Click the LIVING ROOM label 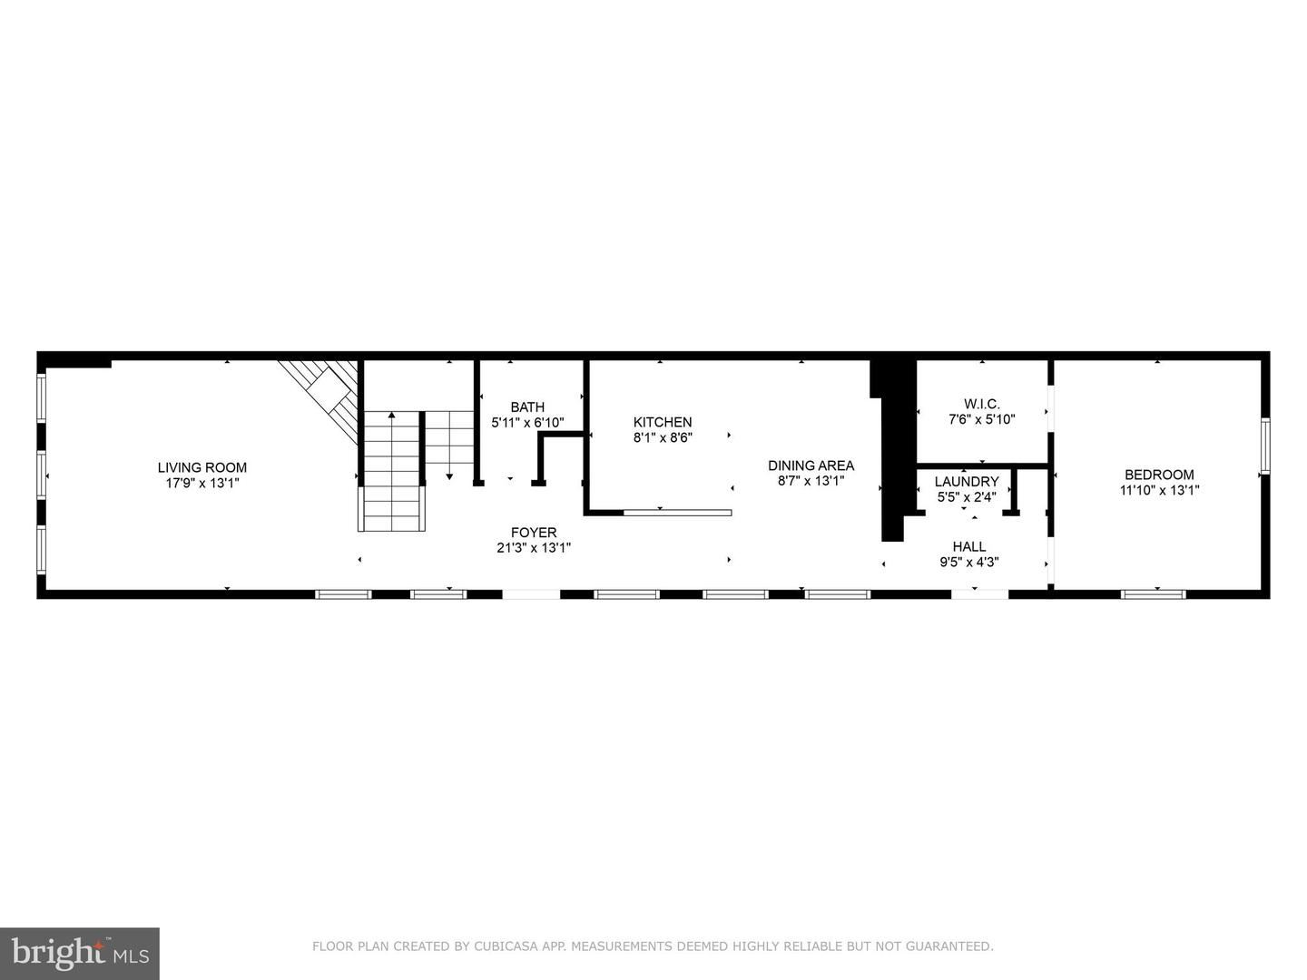pos(201,468)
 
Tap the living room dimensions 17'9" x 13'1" pos(201,484)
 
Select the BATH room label pos(527,407)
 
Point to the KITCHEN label pos(663,422)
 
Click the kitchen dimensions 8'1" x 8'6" pos(663,437)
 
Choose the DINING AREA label pos(811,465)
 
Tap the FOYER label pos(534,533)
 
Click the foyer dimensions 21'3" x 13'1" pos(534,548)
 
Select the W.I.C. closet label pos(982,404)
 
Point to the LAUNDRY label pos(967,482)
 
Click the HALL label pos(969,546)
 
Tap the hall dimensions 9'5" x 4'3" pos(969,562)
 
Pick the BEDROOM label pos(1159,475)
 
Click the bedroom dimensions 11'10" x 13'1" pos(1159,490)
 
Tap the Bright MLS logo pos(80,953)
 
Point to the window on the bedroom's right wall pos(1264,446)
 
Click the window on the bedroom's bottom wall pos(1153,594)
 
